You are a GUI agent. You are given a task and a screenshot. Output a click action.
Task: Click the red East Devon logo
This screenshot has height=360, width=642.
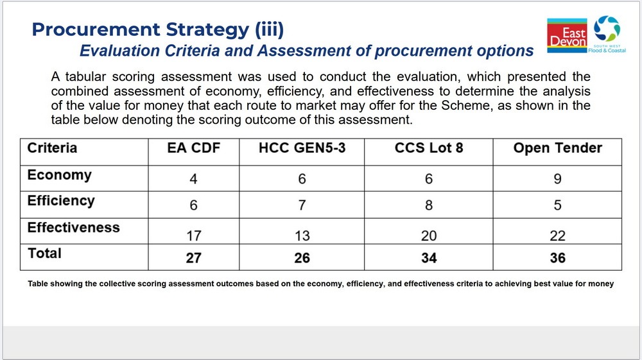tap(567, 35)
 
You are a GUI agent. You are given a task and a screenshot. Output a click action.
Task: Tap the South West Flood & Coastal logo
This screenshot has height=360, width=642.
tap(607, 35)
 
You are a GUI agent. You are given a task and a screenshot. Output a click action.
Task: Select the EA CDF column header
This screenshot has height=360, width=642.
tap(194, 148)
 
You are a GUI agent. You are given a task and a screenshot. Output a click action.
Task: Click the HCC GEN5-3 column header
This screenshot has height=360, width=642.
tap(302, 148)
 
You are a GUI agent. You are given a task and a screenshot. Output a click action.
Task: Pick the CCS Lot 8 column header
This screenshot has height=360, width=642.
tap(429, 148)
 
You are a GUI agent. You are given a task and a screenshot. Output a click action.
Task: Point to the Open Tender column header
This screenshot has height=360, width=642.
tap(558, 148)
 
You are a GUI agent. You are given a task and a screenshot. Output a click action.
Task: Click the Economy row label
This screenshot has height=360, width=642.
tap(59, 175)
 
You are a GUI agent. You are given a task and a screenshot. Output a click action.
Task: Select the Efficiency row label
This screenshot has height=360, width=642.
tap(61, 201)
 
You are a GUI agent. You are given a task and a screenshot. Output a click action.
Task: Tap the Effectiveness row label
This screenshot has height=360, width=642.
tap(74, 227)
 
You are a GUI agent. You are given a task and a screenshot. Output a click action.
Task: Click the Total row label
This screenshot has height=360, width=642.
tap(44, 253)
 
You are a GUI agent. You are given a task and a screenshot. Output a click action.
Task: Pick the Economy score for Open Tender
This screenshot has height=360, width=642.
tap(558, 179)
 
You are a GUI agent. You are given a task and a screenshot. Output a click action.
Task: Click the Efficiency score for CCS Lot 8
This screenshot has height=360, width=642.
tap(429, 205)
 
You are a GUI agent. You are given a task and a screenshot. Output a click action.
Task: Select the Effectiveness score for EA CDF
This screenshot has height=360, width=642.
tap(194, 236)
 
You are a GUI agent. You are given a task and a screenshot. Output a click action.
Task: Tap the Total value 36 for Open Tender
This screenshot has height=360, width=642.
tap(558, 258)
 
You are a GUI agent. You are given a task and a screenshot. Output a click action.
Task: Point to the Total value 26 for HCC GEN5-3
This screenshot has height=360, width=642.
tap(302, 258)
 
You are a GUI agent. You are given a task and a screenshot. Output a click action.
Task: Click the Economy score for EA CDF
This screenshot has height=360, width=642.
tap(194, 179)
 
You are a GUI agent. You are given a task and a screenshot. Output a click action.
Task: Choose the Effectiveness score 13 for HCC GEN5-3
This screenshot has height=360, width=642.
tap(302, 236)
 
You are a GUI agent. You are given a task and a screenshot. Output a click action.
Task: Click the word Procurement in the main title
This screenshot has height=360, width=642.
tap(96, 29)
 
